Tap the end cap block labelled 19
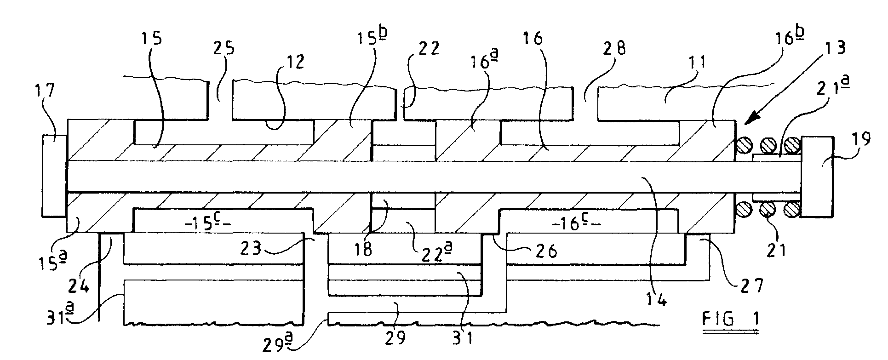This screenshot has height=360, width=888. point(816,177)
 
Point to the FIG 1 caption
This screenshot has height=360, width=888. point(731,319)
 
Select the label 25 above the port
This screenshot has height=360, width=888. point(225,48)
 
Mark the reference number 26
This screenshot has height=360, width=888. point(546,250)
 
